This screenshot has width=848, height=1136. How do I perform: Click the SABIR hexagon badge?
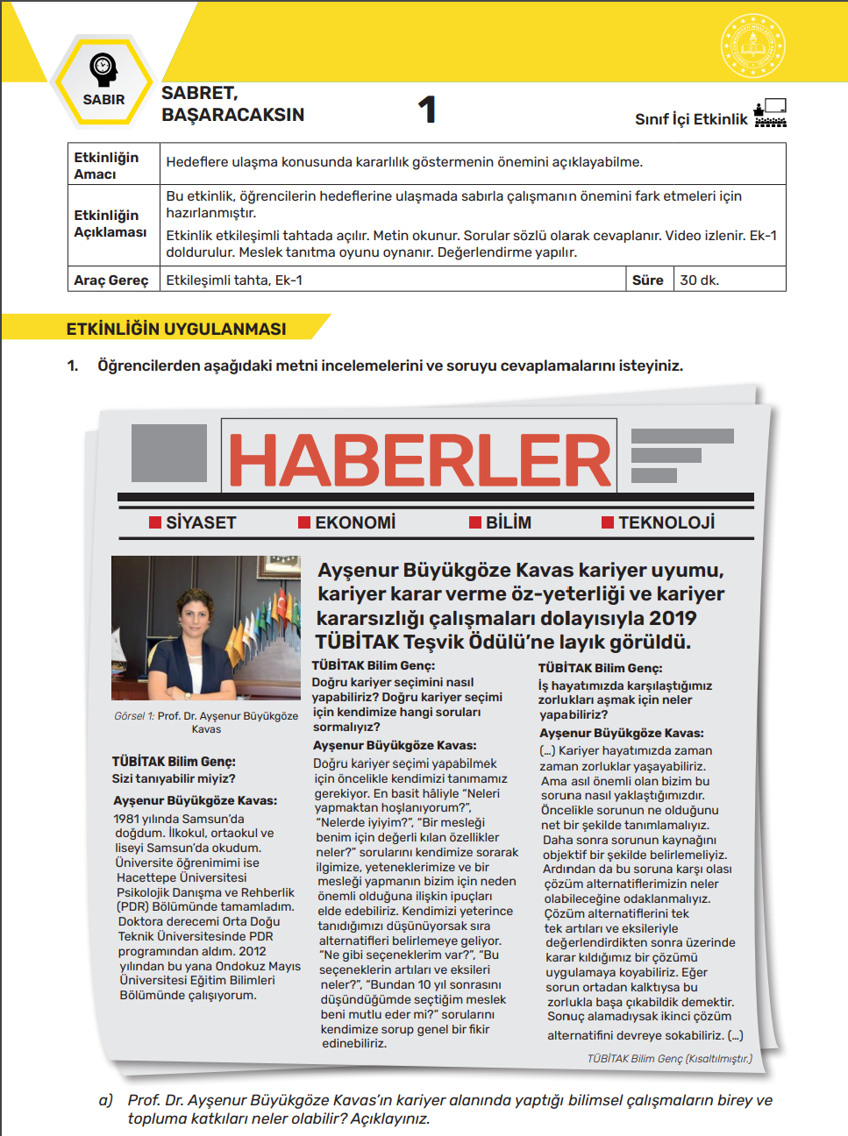click(103, 81)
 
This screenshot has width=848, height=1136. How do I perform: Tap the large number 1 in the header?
click(427, 110)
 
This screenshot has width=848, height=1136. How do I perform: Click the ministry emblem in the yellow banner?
click(752, 46)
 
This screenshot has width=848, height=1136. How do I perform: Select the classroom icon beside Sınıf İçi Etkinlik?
click(770, 113)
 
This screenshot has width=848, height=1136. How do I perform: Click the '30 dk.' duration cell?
click(700, 280)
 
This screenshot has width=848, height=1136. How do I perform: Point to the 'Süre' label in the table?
click(647, 280)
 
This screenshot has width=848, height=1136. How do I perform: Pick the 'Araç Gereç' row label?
click(111, 280)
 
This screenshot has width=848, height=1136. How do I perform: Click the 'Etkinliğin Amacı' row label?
click(106, 165)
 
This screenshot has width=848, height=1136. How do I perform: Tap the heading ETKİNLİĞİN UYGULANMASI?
click(176, 329)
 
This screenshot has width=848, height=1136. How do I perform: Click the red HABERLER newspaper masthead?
click(419, 460)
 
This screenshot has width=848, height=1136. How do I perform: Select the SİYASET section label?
click(201, 523)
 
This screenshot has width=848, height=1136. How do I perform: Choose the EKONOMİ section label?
click(355, 523)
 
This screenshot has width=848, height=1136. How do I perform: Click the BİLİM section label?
click(509, 523)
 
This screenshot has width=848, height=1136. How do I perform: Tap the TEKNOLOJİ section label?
click(666, 523)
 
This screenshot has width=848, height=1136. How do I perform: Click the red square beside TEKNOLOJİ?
click(608, 523)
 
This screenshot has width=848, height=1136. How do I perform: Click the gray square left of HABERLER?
click(169, 453)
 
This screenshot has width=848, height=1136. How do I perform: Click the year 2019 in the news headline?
click(673, 618)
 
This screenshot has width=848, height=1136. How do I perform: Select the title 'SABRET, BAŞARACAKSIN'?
click(232, 103)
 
